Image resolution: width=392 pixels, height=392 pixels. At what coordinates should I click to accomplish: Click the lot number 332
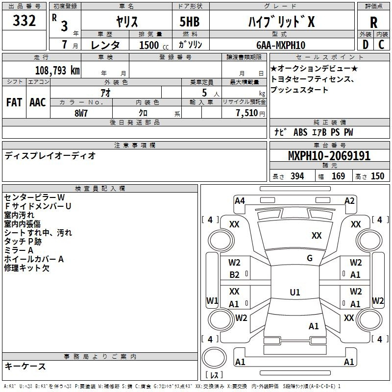click(24, 20)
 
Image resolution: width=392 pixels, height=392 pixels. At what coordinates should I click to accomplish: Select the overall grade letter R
click(373, 23)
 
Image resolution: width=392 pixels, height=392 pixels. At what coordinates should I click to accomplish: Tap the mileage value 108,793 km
click(57, 71)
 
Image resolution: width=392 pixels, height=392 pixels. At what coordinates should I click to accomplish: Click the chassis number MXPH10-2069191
click(329, 156)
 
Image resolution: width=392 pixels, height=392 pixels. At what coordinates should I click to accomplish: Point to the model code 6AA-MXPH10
click(281, 45)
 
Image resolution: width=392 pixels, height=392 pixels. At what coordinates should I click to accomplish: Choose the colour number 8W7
click(81, 113)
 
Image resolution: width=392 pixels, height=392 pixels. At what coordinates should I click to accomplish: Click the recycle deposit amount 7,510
click(247, 113)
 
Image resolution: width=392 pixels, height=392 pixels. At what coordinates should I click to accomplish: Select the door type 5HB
click(190, 22)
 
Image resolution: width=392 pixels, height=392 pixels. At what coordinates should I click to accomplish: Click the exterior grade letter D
click(366, 45)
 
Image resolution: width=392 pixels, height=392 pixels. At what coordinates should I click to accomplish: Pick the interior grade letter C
click(381, 45)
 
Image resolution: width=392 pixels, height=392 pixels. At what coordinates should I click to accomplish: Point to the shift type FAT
click(14, 102)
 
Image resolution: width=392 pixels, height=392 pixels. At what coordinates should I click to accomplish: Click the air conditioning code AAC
click(38, 102)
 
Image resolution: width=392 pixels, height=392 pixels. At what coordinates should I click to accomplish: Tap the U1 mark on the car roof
click(295, 292)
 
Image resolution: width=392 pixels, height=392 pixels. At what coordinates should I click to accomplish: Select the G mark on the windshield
click(310, 258)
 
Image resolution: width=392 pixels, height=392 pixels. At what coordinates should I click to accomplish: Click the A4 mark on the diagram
click(240, 201)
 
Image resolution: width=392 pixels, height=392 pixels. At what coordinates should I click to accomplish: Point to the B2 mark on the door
click(234, 275)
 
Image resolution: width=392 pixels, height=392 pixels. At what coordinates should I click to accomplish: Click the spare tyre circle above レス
click(214, 358)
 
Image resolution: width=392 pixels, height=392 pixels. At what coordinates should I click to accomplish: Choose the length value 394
click(297, 176)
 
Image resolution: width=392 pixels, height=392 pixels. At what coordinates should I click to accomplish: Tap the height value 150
click(377, 176)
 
